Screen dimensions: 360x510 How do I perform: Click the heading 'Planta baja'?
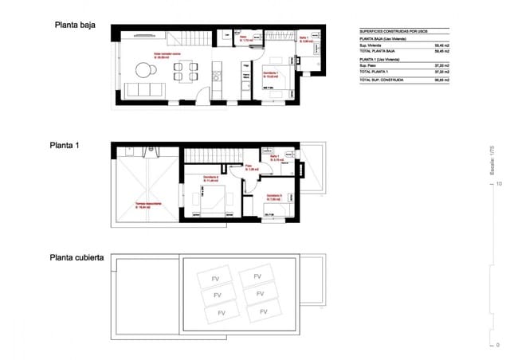point(75,25)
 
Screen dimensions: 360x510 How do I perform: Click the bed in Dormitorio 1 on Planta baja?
point(279,88)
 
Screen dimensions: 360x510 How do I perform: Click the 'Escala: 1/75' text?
point(492,160)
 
